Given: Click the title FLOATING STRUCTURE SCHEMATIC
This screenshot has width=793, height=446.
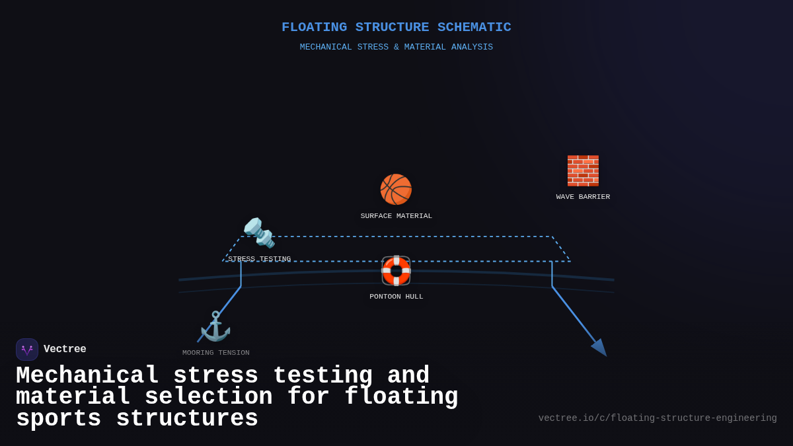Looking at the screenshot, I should [397, 27].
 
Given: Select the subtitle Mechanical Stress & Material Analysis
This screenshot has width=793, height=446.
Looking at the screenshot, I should [397, 48].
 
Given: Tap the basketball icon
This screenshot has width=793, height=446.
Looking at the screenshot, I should [396, 190].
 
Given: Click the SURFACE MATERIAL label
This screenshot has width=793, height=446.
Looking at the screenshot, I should [397, 216].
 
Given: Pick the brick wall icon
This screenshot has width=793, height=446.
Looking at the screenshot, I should [583, 170].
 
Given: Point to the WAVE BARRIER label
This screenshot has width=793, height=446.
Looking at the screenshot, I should [583, 197].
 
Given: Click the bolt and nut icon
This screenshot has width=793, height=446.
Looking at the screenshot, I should [259, 233].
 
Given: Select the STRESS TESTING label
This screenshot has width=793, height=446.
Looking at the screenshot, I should [259, 259].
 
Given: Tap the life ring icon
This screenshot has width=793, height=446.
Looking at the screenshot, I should [396, 270].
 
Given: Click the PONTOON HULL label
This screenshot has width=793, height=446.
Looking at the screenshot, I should [397, 297].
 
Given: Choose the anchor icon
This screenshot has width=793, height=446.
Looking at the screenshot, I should [215, 326].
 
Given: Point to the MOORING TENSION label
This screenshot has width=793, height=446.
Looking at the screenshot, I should [216, 353].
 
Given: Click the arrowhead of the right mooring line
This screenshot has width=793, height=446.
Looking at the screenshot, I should [600, 348].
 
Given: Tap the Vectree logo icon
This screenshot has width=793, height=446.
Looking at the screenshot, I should [27, 350].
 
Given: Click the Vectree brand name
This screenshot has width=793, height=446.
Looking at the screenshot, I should [65, 350].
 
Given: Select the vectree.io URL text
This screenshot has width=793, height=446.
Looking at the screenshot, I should [658, 418].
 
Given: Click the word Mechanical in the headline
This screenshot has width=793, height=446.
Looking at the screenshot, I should [87, 376].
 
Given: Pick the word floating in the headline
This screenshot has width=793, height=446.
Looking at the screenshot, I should [401, 397].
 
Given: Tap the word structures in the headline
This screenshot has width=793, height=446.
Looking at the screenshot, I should [187, 419].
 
